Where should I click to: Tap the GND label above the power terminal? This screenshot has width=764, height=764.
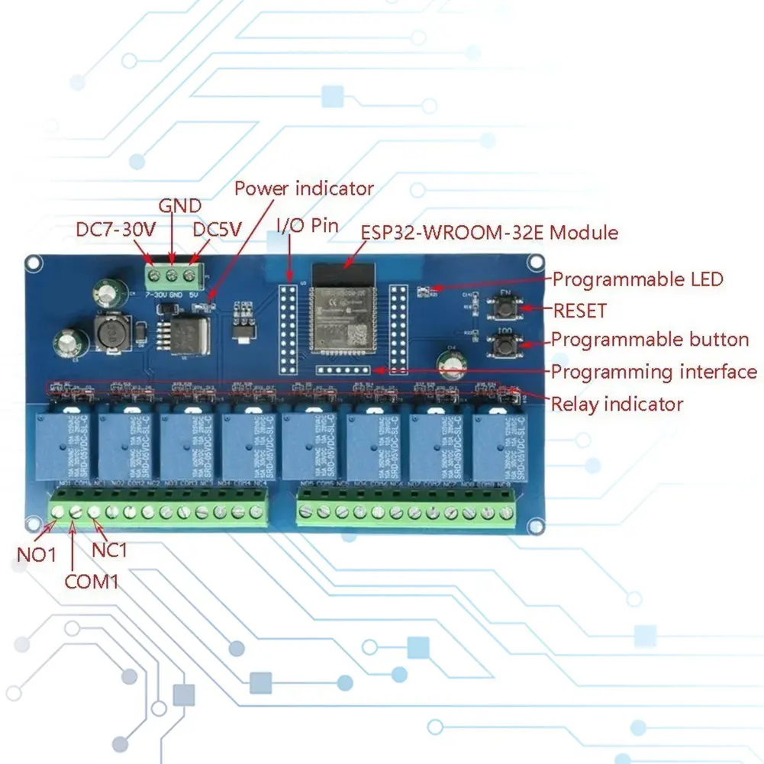click(179, 206)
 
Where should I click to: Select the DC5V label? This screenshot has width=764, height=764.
click(217, 230)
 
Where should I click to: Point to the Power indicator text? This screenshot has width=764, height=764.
click(304, 189)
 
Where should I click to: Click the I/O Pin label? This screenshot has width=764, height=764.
click(307, 226)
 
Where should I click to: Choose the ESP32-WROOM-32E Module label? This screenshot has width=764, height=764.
click(488, 232)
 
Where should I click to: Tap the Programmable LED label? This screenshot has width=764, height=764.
click(637, 279)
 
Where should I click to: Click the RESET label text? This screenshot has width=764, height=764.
click(579, 311)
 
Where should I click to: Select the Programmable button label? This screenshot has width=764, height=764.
click(650, 340)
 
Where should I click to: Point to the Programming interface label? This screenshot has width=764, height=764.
click(654, 372)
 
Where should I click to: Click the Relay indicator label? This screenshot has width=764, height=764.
click(617, 404)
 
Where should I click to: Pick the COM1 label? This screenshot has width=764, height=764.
click(92, 582)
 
